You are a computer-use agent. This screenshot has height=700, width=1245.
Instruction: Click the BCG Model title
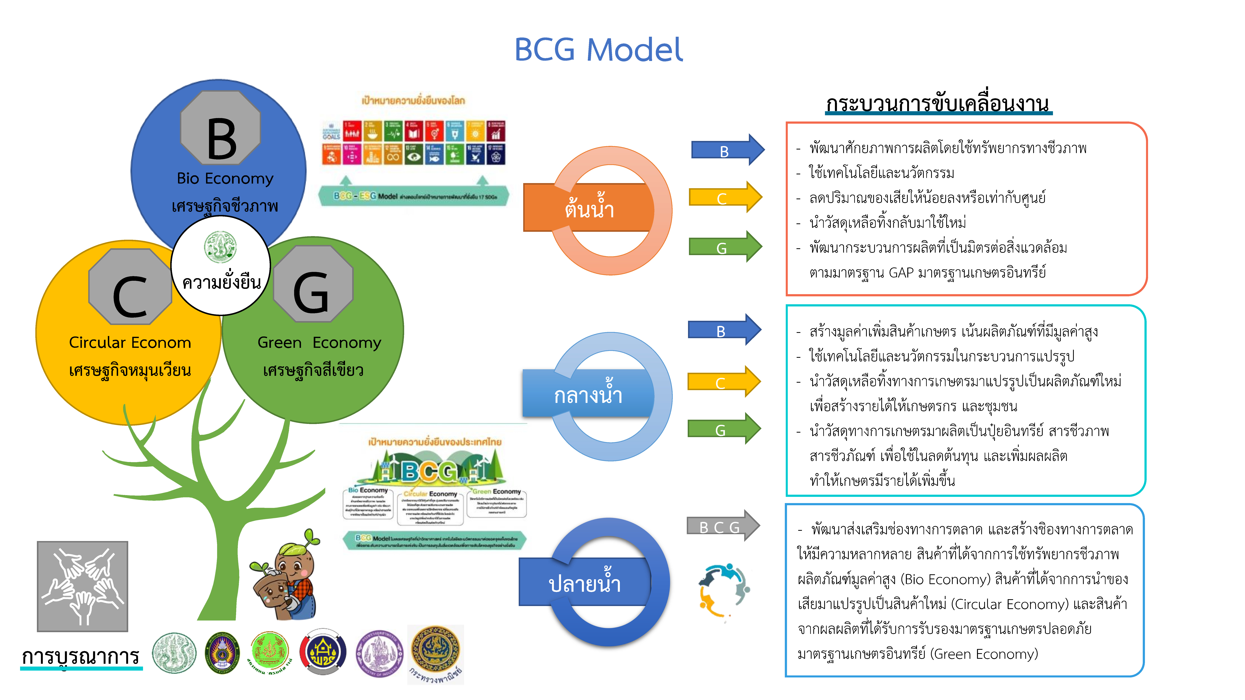[x=598, y=50]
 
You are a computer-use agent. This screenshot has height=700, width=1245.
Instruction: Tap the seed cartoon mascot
[x=285, y=577]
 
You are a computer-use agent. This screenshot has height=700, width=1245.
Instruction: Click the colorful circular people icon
[x=724, y=590]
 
